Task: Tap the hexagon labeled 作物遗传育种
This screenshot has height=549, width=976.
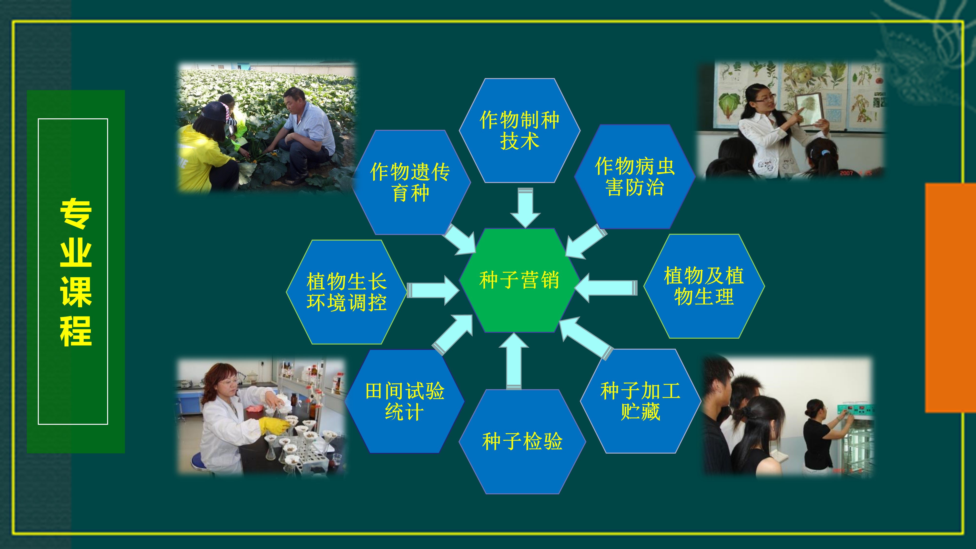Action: pos(411,182)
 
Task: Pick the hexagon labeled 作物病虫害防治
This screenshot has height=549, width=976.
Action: pos(635,177)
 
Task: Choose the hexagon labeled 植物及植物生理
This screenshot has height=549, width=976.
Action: pos(704,286)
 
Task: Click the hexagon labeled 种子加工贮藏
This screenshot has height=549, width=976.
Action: pos(640,401)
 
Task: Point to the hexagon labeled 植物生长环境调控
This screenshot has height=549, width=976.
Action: pos(346,292)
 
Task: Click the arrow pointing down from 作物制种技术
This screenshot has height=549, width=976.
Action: pos(526,208)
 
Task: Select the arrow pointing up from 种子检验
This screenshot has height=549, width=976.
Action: pos(514,361)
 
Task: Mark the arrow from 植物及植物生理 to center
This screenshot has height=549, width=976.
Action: pos(606,288)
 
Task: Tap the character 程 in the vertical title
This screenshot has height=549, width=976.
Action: pos(76,331)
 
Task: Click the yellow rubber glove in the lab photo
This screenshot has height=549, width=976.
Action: pos(274,426)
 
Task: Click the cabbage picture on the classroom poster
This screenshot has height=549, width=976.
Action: pos(729,106)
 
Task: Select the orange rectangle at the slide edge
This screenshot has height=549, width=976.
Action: pos(951,298)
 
